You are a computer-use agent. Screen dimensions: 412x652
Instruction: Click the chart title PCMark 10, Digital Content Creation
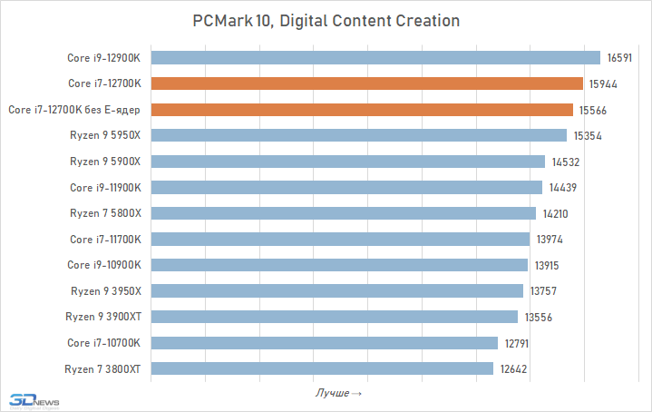(326, 20)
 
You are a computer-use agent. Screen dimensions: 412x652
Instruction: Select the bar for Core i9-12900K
(375, 57)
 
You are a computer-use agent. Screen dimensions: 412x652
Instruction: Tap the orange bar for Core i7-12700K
(366, 83)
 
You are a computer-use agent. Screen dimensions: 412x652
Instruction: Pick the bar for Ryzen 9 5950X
(358, 135)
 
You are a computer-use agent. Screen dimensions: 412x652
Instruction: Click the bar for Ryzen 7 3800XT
(322, 368)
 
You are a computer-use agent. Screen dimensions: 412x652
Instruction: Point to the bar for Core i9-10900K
(339, 265)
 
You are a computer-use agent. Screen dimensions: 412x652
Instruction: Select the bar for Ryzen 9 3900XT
(335, 317)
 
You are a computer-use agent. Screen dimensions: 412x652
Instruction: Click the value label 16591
(619, 57)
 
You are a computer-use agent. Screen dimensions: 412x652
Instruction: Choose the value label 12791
(516, 343)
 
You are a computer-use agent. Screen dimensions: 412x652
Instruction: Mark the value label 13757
(541, 291)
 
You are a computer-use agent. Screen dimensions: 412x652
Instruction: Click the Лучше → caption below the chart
(338, 393)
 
